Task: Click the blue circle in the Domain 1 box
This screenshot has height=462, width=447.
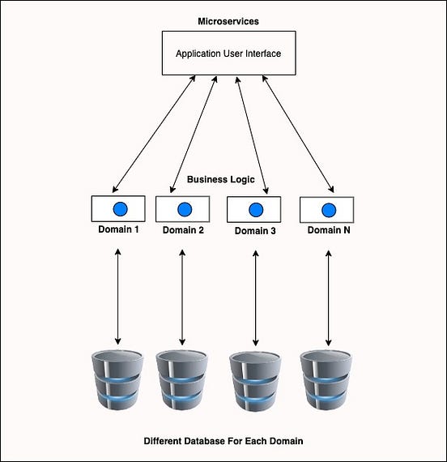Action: (x=118, y=209)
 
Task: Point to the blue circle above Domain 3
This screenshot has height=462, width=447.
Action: (x=255, y=210)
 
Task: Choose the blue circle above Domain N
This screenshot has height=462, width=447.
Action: (x=329, y=210)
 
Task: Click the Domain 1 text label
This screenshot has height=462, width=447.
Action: (x=118, y=229)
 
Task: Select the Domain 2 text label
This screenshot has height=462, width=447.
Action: (x=183, y=230)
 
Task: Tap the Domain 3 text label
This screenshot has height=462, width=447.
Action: (x=255, y=231)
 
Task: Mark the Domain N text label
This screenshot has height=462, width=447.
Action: (x=329, y=230)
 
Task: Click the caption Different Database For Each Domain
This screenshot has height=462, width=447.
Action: (x=223, y=442)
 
